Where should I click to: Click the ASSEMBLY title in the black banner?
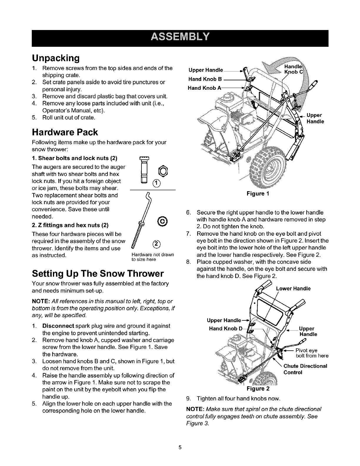tap(180, 37)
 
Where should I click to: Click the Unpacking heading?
tap(56, 58)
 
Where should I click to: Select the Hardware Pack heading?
tap(65, 132)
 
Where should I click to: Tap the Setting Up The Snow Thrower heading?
tap(98, 274)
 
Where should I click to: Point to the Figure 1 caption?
tap(258, 194)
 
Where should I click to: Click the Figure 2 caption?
tap(258, 389)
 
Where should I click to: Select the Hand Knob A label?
tap(204, 88)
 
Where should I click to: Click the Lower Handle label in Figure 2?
tap(293, 289)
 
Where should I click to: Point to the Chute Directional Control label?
tap(305, 369)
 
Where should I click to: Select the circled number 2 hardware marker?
tap(157, 244)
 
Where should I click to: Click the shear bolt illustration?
tap(144, 170)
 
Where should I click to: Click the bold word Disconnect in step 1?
tap(58, 326)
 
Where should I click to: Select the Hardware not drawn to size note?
tap(153, 257)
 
